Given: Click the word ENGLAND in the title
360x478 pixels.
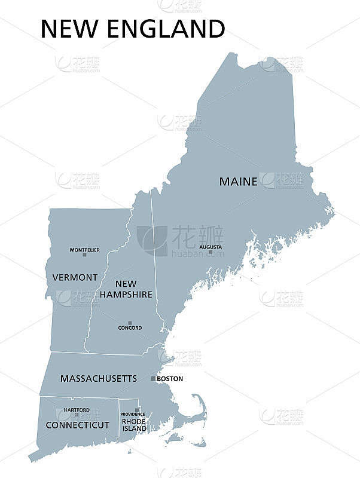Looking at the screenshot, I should [166, 29].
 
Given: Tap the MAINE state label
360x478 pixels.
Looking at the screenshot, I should [238, 181].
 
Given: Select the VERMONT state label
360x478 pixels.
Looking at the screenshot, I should [75, 277].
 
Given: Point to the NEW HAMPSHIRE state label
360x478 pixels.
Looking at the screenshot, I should [126, 289].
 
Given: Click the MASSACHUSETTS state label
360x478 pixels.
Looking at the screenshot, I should [99, 379].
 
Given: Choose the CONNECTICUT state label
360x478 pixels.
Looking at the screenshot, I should [78, 425].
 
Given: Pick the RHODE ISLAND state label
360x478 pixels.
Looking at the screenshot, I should [134, 425].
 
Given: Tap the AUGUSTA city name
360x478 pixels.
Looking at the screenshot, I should [210, 247].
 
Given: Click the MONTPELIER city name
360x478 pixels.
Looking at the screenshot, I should [85, 250].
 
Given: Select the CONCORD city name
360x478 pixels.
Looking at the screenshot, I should [130, 328].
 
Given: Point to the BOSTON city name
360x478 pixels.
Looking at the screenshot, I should [170, 379].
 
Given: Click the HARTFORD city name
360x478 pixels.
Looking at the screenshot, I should [77, 410].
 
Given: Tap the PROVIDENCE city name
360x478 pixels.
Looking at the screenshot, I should [133, 414].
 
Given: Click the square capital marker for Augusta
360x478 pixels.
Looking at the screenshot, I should [210, 252].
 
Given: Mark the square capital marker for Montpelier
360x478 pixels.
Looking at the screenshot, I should [84, 255].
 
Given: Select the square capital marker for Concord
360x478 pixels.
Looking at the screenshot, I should [130, 323].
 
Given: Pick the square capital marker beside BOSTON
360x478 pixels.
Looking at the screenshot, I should [153, 379].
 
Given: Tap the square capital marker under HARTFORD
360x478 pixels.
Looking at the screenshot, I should [77, 415].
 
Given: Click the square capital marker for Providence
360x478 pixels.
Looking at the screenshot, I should [137, 410].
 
